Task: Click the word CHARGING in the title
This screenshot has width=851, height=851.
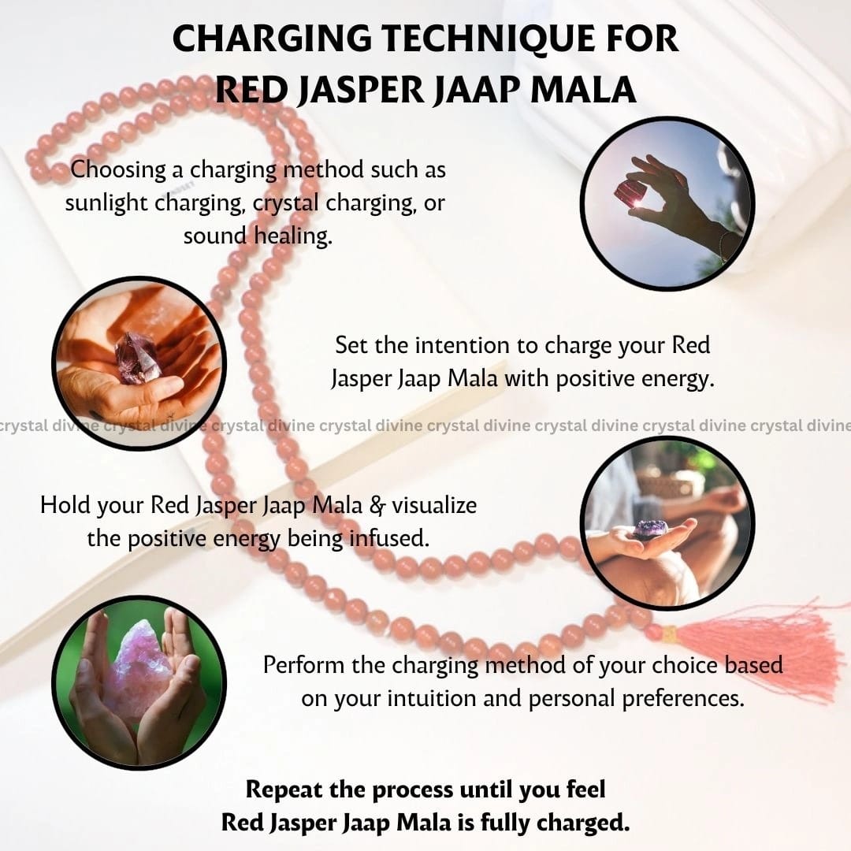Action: coord(272,39)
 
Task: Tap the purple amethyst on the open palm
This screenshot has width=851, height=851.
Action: coord(651,527)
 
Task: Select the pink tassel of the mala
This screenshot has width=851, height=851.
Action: coord(760,646)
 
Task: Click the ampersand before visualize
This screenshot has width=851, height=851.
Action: coord(377,506)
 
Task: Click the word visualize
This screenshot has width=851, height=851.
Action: coord(434,505)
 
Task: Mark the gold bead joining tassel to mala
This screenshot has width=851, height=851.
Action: coord(669,634)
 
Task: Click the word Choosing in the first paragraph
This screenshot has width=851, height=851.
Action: coord(119,170)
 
